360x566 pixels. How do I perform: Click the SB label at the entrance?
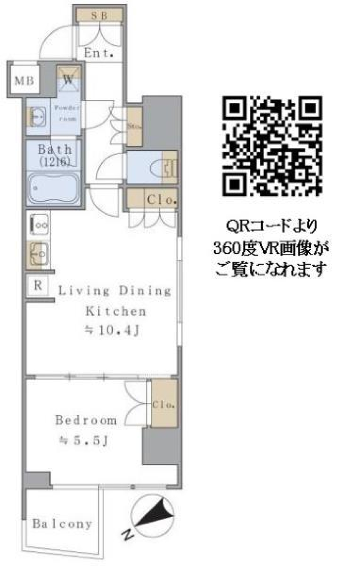pos(99,15)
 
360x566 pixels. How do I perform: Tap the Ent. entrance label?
pos(99,53)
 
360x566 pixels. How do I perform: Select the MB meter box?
pos(24,80)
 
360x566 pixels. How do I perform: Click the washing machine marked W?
pos(68,80)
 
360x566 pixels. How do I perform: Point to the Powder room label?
pos(66,113)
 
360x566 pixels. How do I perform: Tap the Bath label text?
pos(55,149)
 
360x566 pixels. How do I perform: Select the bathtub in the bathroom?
pos(54,188)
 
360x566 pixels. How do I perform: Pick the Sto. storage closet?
pos(134,126)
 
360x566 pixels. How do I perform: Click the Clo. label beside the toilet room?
pos(162,199)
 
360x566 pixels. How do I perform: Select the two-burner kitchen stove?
pos(38,225)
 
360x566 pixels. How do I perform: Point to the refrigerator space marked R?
pos(38,286)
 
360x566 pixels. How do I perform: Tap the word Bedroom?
pos(86,420)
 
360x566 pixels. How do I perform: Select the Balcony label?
pos(62,524)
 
